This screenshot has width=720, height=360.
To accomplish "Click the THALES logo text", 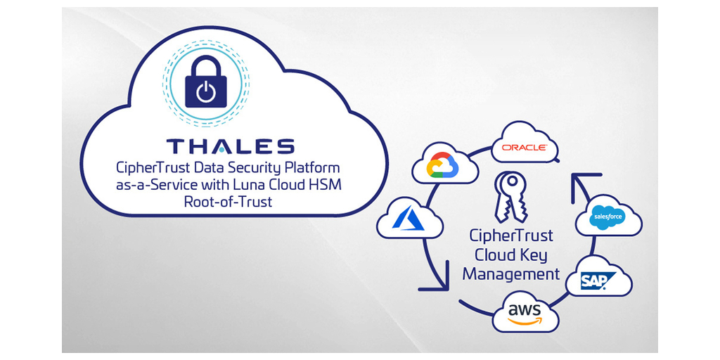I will (x=230, y=146).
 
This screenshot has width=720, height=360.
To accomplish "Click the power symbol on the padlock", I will (x=205, y=93).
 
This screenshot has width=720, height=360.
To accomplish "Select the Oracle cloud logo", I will (x=525, y=148).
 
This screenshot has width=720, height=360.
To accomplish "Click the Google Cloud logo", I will (x=443, y=167).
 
